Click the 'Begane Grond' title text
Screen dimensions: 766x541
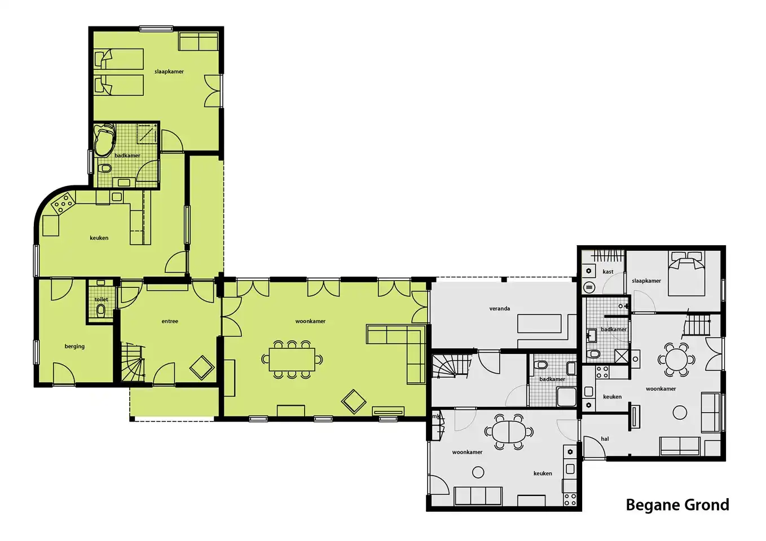click(677, 505)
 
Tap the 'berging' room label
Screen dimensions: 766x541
click(74, 347)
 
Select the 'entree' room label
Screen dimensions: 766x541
click(170, 321)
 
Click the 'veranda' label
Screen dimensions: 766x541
click(500, 308)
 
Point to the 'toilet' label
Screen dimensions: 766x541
click(101, 299)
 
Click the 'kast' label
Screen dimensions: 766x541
click(608, 272)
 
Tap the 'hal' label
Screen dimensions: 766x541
click(605, 439)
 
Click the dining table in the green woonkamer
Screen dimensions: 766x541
click(292, 360)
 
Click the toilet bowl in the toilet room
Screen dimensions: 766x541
click(101, 310)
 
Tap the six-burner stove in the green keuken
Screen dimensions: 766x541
click(64, 203)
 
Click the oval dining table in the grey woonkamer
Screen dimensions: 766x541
click(508, 432)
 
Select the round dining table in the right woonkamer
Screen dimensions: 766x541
click(677, 360)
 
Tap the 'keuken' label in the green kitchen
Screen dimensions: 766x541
click(99, 238)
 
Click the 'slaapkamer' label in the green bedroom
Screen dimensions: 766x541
click(169, 72)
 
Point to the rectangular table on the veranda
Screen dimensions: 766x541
click(539, 324)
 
